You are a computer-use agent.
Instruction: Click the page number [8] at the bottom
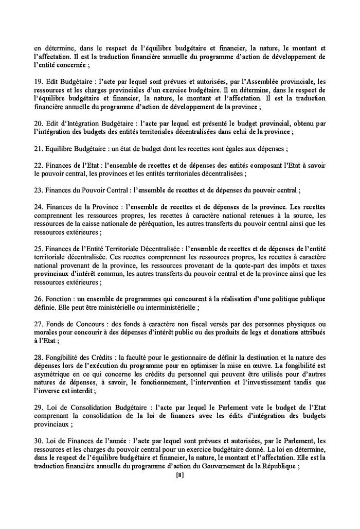(x=179, y=475)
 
